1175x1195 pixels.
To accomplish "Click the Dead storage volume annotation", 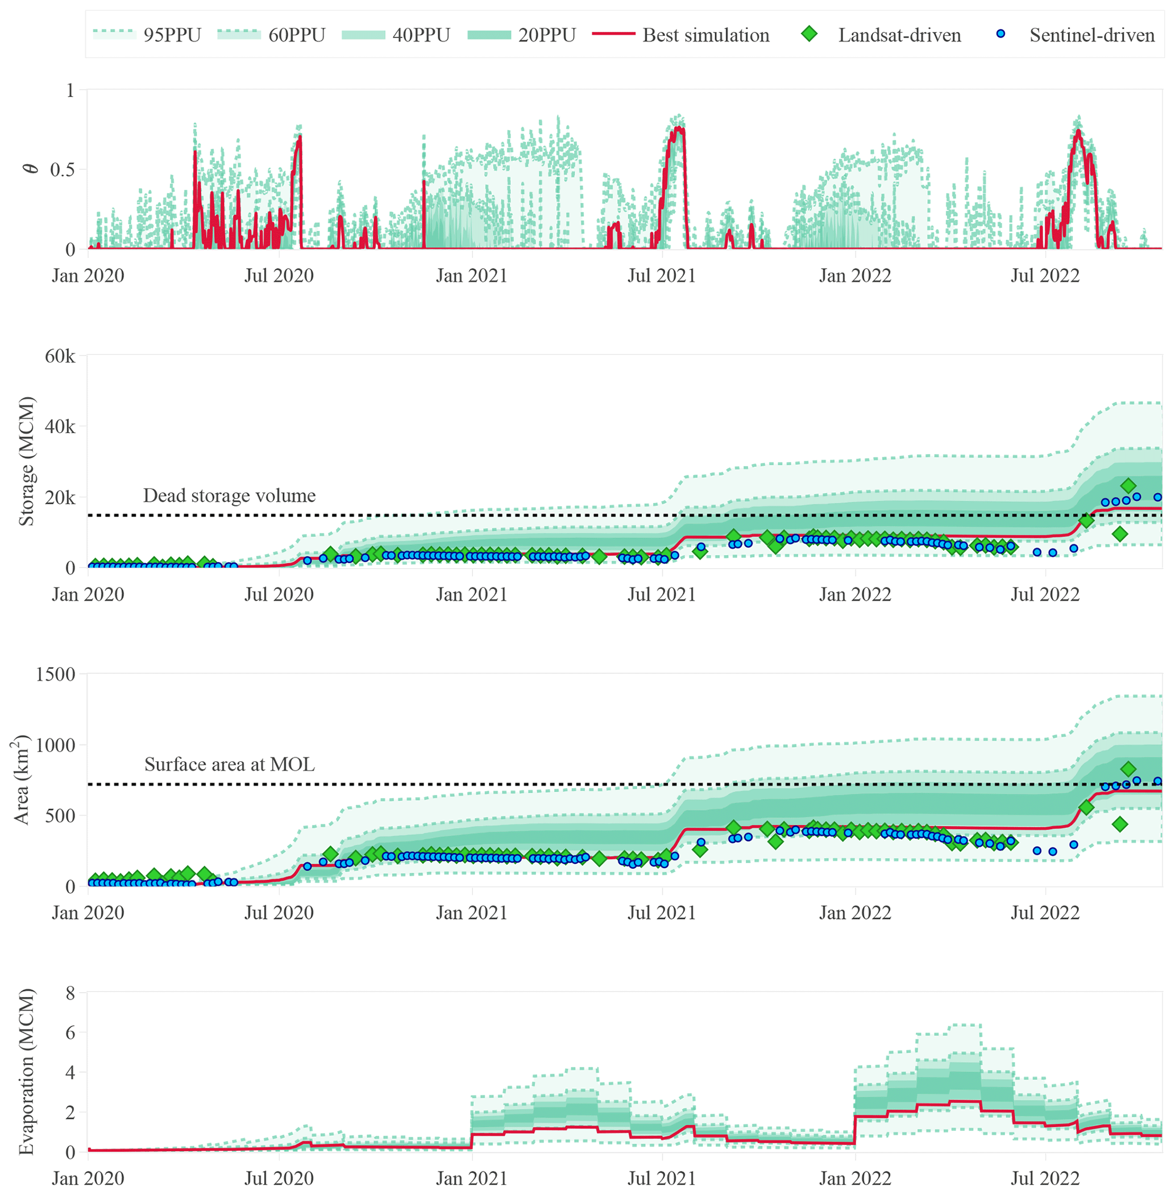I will coord(229,496).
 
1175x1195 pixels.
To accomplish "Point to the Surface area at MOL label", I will coord(229,764).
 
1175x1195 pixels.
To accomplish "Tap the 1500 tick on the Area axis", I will coord(56,674).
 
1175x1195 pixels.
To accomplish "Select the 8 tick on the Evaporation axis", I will coord(70,993).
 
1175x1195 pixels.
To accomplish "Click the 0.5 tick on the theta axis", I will coord(63,170).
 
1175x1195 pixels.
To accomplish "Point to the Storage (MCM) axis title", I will coord(26,461).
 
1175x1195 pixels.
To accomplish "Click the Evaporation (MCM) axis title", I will coord(26,1072).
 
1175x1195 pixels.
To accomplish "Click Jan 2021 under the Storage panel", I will coord(471,594).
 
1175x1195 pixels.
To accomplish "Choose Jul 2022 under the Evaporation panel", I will coord(1045,1178).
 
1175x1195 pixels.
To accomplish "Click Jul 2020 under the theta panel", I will coord(279,275).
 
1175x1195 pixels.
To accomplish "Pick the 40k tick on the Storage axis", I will coord(60,426).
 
